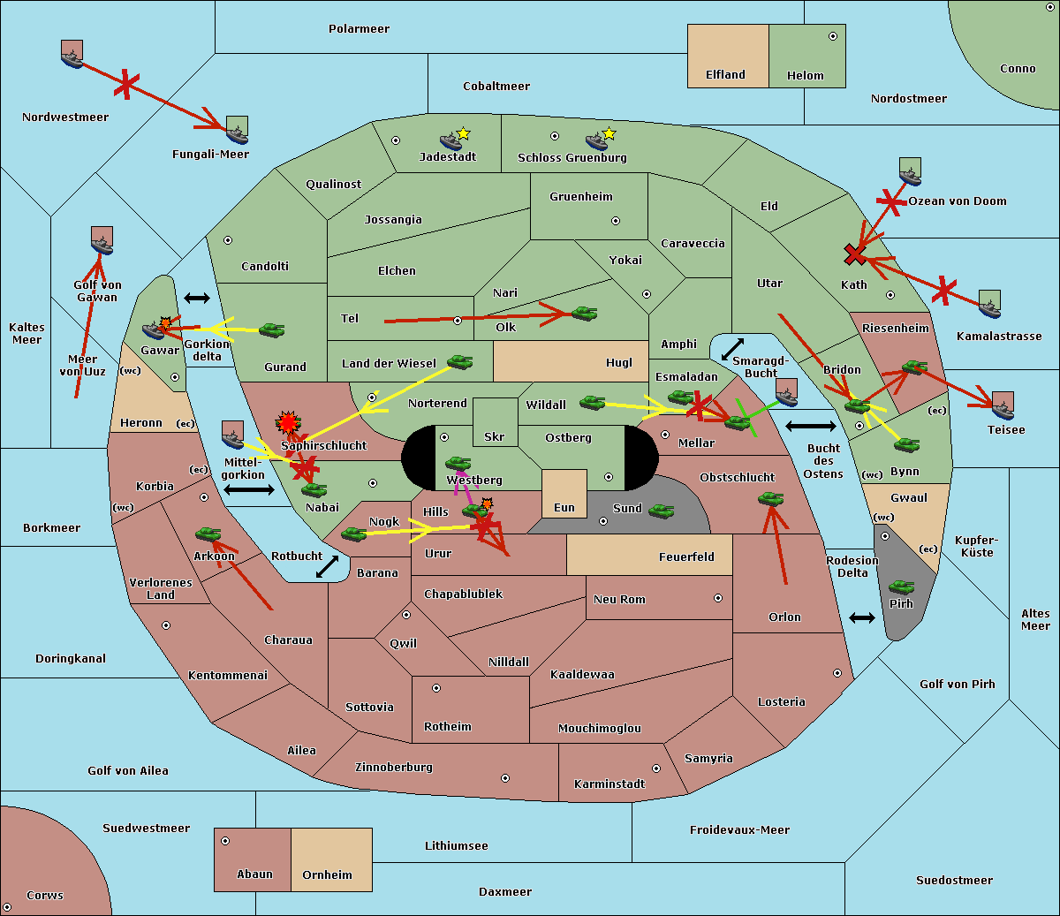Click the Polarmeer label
click(359, 29)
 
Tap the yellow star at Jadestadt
click(463, 134)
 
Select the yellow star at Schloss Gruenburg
click(609, 134)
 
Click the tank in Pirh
click(901, 587)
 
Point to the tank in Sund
click(661, 511)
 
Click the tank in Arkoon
click(208, 534)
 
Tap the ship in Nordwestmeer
click(72, 54)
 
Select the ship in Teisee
click(1003, 405)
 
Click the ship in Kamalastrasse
click(989, 304)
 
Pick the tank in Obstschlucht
click(771, 498)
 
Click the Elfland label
click(725, 75)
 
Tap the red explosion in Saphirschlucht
click(288, 422)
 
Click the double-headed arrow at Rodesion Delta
click(862, 617)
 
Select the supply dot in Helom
click(833, 36)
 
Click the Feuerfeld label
click(686, 557)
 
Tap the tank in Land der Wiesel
click(459, 362)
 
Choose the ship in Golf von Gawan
click(102, 240)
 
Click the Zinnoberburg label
click(394, 768)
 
